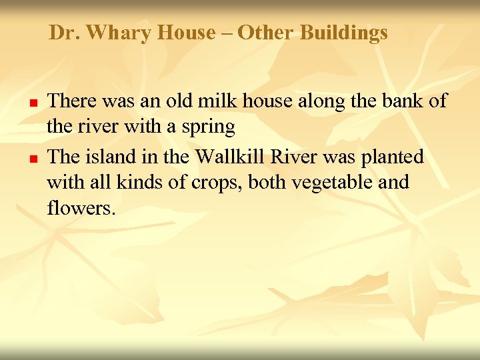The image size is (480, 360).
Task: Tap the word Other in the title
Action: pos(265,33)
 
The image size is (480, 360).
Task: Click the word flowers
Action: pos(81,208)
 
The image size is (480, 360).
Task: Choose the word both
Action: pos(269,183)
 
